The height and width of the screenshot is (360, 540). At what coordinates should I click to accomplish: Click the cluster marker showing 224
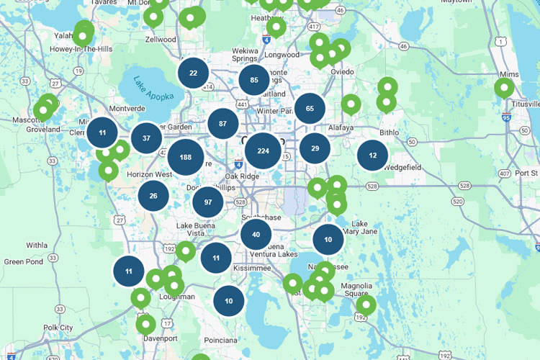coord(263,151)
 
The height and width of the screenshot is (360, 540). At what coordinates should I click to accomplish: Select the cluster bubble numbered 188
coord(186,158)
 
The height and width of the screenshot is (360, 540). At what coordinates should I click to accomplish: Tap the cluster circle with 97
coord(208,202)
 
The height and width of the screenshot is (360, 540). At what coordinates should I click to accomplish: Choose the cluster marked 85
coord(254,80)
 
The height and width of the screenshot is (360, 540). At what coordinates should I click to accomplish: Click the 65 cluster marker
coord(310,109)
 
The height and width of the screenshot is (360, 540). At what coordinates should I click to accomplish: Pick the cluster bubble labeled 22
coord(193,73)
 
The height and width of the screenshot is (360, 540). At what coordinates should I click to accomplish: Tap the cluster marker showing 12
coord(372,155)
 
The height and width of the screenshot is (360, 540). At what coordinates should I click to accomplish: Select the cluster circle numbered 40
coord(256,235)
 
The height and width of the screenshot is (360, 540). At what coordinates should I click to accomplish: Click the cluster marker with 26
coord(153,195)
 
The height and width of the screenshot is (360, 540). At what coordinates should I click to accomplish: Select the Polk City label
coord(58,328)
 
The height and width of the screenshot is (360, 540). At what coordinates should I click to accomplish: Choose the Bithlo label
coord(388,132)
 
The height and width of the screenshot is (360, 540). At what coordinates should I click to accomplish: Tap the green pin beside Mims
coord(505,88)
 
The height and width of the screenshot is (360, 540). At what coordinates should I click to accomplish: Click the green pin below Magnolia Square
coord(366,305)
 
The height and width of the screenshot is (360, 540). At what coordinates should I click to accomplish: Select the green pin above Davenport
coord(145,323)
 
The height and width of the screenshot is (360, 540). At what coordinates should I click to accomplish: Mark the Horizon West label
coord(149,175)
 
